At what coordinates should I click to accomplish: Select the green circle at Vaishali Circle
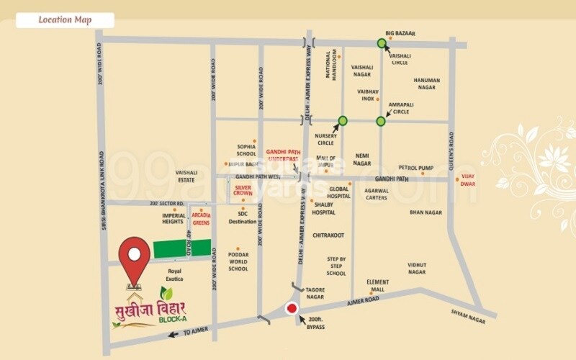click(x=382, y=43)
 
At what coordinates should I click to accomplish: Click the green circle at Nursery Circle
click(x=343, y=120)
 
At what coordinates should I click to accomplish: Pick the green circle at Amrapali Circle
click(x=381, y=120)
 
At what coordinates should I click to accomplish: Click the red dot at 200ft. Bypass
click(x=292, y=310)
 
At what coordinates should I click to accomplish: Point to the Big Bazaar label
click(x=401, y=33)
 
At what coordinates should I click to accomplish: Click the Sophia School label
click(x=246, y=149)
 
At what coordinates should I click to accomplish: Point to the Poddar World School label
click(x=238, y=262)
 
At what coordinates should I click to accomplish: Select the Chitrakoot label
click(x=328, y=235)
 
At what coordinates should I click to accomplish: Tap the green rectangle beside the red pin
click(x=183, y=249)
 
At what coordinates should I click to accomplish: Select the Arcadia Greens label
click(x=202, y=217)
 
